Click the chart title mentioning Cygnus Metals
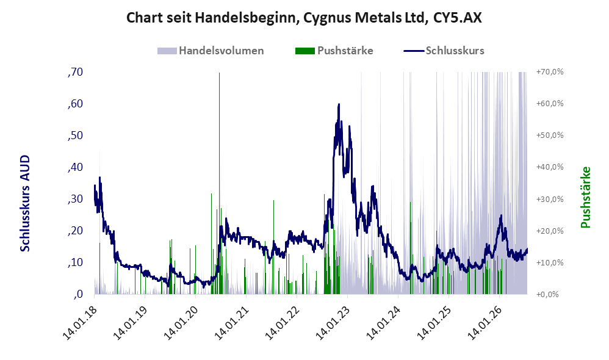[x=304, y=18]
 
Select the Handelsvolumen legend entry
[x=211, y=51]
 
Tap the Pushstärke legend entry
[x=334, y=51]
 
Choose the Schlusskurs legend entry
[x=444, y=51]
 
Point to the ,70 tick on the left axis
[x=75, y=72]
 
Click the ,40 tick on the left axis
[x=75, y=167]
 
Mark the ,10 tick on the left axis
[x=75, y=262]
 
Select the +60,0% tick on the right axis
[x=550, y=104]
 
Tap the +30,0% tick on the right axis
[x=550, y=199]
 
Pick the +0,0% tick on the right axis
[x=547, y=294]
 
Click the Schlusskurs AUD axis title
[x=25, y=203]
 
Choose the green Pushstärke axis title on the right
[x=585, y=197]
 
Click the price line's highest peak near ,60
[x=339, y=104]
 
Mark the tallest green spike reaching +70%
[x=219, y=183]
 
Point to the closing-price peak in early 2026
[x=501, y=215]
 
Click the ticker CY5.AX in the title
[x=457, y=18]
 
